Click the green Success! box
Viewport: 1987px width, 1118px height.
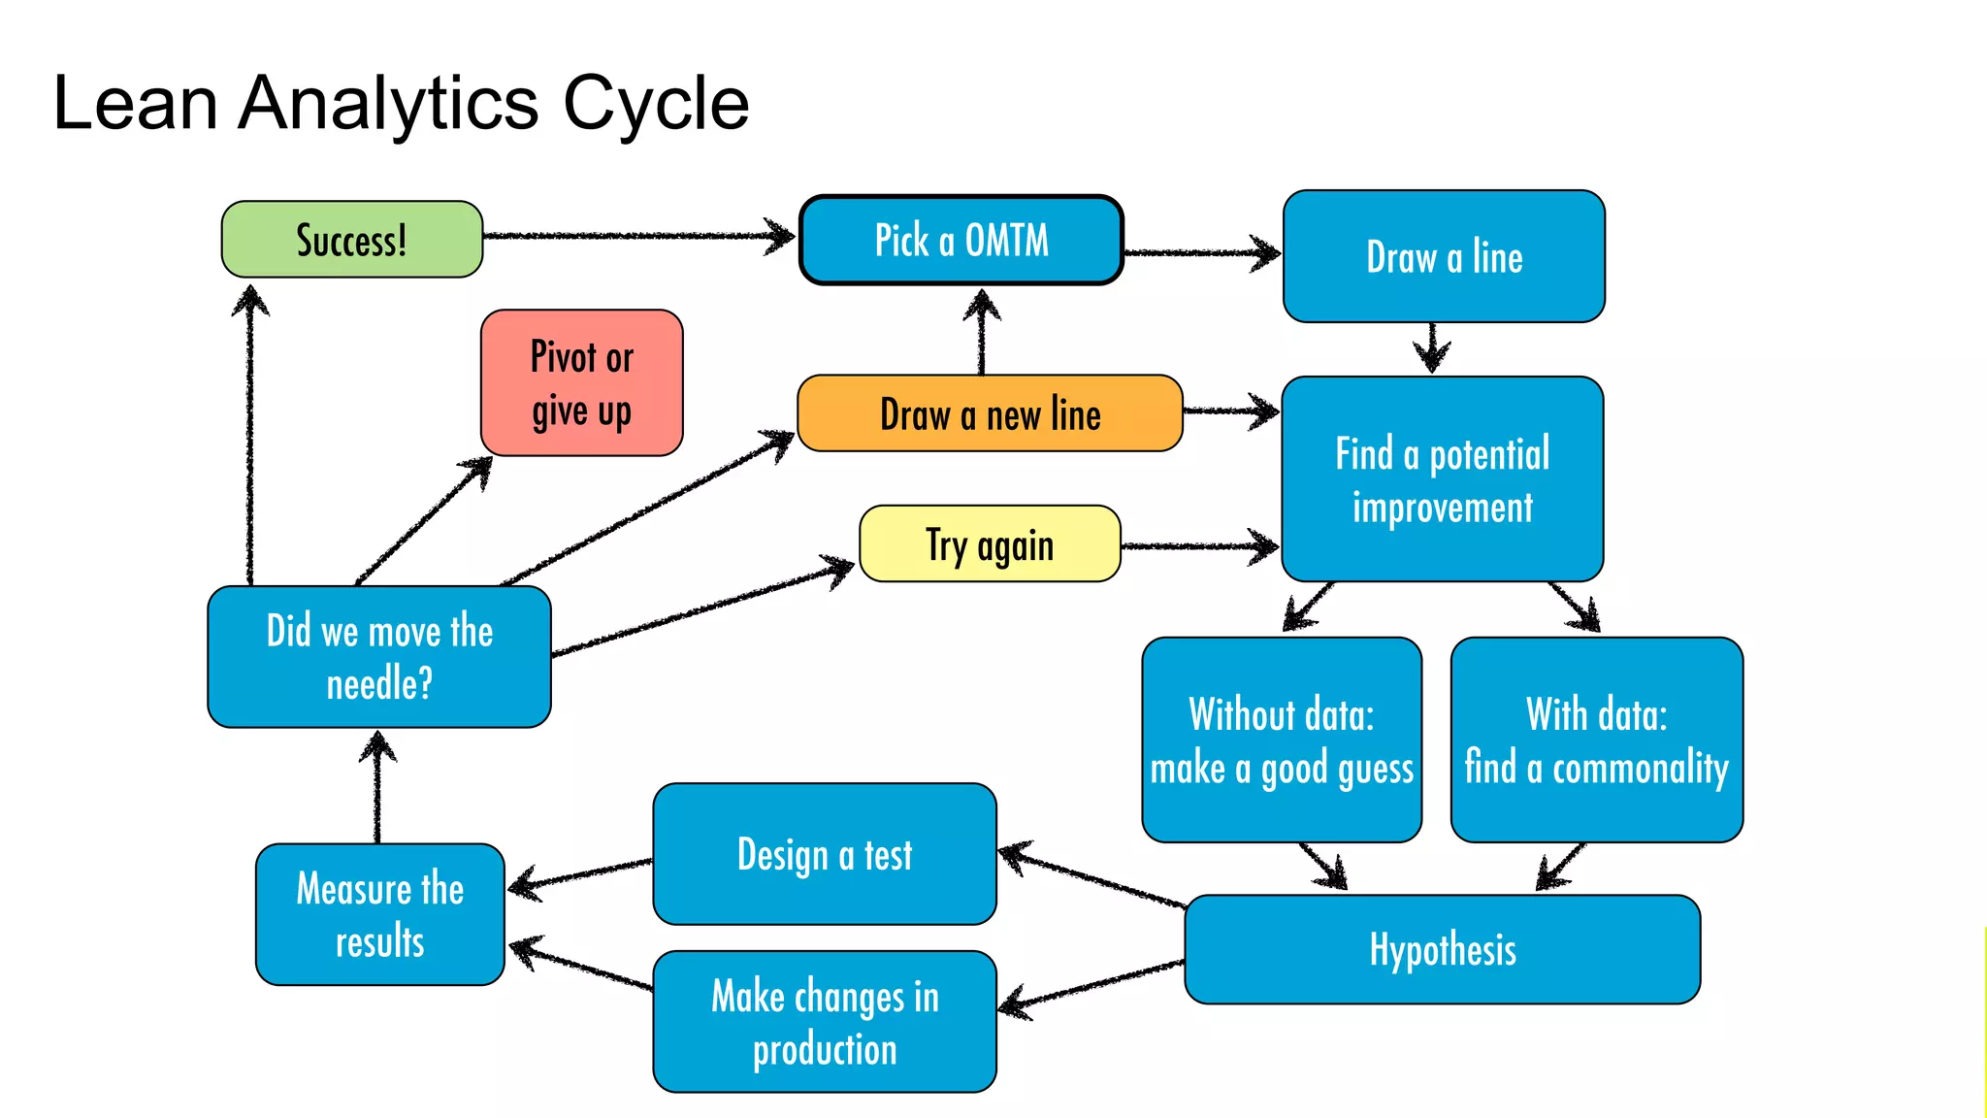(351, 240)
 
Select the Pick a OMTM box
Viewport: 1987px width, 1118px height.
(961, 240)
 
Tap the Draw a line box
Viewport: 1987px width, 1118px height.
(1444, 256)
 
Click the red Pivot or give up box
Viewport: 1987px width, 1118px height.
(581, 382)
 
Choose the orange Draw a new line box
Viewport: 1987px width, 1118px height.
(990, 413)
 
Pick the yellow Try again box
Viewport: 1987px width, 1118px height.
(990, 543)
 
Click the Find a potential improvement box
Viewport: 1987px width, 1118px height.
(1442, 479)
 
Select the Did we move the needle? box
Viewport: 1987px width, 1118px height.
(379, 657)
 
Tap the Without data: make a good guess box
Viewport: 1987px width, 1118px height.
(1282, 740)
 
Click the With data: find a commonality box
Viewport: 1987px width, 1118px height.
(1596, 740)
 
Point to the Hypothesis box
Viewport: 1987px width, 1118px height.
(1442, 949)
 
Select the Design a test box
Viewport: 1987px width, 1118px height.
(825, 854)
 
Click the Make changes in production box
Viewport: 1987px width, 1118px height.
(825, 1022)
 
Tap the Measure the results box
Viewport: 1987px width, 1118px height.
(379, 914)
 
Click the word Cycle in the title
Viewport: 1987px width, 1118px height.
(656, 103)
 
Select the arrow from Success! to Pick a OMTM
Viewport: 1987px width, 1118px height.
(640, 236)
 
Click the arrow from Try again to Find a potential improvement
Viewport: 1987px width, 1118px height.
(1200, 546)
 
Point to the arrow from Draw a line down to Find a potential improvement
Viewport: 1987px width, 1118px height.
(1432, 347)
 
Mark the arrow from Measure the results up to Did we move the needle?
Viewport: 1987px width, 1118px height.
(377, 786)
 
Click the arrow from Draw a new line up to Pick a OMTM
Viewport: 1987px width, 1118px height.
(982, 330)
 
